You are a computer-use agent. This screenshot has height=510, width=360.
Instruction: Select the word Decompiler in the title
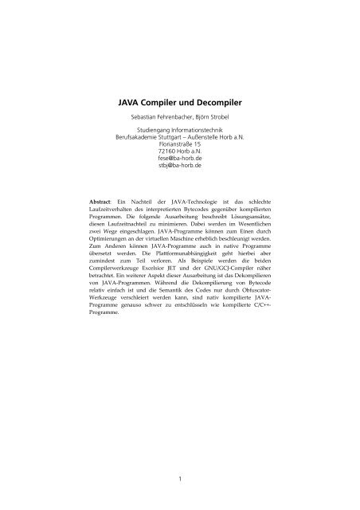click(227, 101)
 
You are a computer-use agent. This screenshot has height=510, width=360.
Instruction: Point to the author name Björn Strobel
click(213, 121)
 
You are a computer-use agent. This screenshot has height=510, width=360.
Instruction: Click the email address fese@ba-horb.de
click(179, 169)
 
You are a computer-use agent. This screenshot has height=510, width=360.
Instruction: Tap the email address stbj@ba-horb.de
click(179, 176)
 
